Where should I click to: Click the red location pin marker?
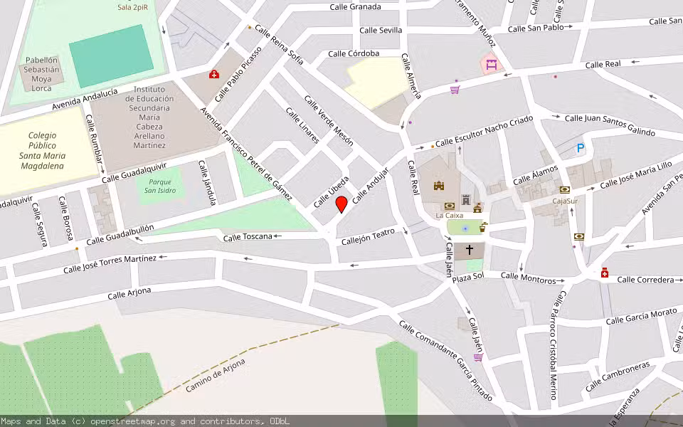click(x=341, y=205)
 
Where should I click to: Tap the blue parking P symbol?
click(x=581, y=149)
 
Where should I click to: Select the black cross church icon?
click(x=469, y=250)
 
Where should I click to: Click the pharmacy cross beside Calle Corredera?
click(x=605, y=273)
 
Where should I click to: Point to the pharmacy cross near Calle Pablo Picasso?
click(x=213, y=74)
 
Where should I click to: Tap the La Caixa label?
click(x=450, y=215)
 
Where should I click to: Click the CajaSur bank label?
click(x=565, y=201)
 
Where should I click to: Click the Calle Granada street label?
click(x=355, y=7)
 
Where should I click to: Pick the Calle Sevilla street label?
click(x=381, y=30)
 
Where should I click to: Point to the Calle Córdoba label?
click(x=354, y=53)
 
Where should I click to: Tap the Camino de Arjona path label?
click(x=216, y=375)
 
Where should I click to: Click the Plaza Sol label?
click(x=468, y=275)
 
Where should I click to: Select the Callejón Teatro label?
click(x=368, y=236)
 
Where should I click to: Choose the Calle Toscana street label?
click(x=248, y=237)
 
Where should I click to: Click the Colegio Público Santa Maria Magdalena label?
click(x=42, y=150)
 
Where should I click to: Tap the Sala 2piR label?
click(x=133, y=7)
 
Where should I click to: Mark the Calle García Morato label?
click(x=642, y=317)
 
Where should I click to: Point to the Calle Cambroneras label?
click(x=617, y=376)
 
